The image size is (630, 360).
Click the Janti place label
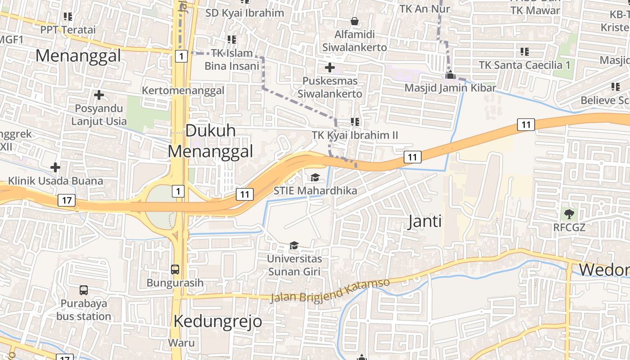pos(424,221)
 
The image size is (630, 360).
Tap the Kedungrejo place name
pos(218,321)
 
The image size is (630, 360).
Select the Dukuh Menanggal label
pos(211,141)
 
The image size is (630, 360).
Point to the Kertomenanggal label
pos(183,90)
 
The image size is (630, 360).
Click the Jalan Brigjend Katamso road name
pos(330,291)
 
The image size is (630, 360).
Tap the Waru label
pos(181,343)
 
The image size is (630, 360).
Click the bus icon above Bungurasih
pos(175,270)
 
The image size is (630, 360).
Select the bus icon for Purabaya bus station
pos(84,290)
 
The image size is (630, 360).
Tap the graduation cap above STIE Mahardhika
pos(315,177)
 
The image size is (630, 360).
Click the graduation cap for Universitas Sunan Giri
pos(294,245)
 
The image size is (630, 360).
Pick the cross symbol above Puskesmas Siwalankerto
pos(330,68)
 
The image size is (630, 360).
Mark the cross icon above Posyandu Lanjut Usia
pos(99,95)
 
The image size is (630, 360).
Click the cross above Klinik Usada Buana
pos(55,168)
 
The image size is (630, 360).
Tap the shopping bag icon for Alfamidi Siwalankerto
pos(355,21)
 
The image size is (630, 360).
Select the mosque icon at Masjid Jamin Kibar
pos(450,75)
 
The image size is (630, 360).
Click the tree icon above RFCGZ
pos(569,214)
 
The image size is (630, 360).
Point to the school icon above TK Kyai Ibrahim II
pos(355,122)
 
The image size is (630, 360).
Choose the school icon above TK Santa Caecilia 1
pos(524,52)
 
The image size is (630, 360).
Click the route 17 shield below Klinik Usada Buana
pos(67,200)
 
